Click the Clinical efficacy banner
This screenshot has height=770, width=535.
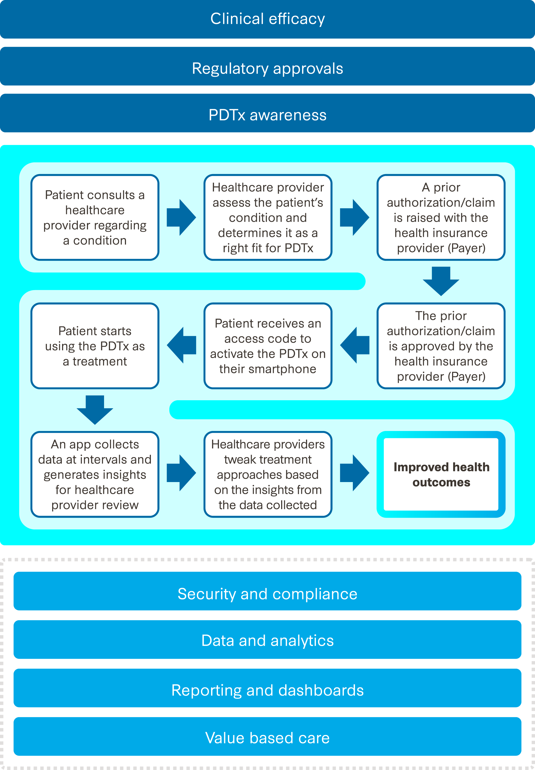[267, 19]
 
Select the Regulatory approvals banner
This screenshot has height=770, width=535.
[267, 69]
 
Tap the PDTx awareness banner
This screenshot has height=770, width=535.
[267, 115]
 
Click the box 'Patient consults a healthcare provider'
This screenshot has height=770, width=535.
[95, 217]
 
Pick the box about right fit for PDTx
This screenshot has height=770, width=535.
[268, 217]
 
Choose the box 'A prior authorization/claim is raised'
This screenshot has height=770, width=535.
[441, 217]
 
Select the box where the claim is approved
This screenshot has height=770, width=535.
[441, 346]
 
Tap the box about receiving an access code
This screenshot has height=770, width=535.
[268, 346]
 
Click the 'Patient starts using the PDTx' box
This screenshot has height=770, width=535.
[95, 346]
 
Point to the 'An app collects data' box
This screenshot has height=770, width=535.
[95, 474]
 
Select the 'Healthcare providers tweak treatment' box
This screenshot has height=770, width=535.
[268, 474]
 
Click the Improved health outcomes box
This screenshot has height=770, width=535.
[441, 474]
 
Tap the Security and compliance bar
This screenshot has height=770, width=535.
[267, 594]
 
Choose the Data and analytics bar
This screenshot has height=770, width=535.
[267, 640]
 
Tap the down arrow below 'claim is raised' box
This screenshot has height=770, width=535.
[441, 281]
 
